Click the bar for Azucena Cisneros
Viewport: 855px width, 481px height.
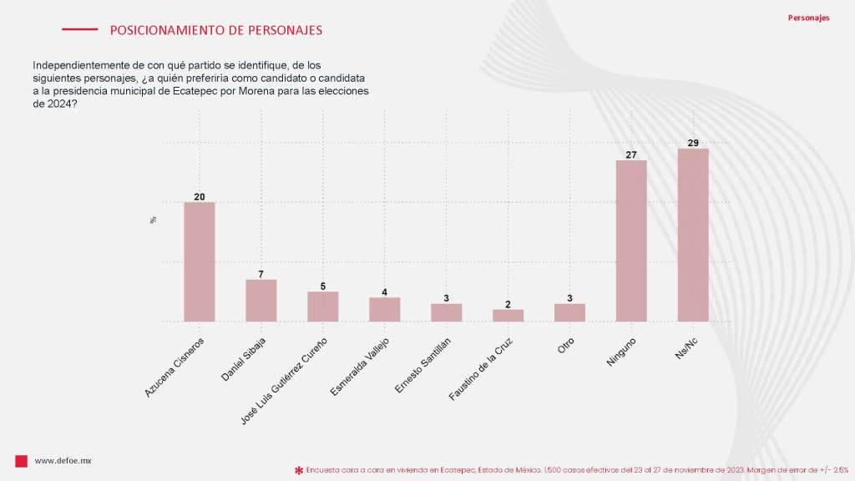click(x=200, y=261)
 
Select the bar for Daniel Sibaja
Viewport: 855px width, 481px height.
click(x=261, y=301)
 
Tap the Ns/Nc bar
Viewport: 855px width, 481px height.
click(x=693, y=235)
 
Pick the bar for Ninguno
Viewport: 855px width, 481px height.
click(x=631, y=240)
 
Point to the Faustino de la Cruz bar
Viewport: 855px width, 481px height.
click(x=508, y=316)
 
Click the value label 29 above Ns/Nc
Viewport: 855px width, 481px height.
click(x=693, y=143)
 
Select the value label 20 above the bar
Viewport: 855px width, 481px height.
click(x=200, y=197)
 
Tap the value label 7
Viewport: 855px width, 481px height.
click(x=261, y=274)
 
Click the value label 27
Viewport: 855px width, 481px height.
click(x=631, y=154)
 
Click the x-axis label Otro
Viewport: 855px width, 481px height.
click(x=567, y=346)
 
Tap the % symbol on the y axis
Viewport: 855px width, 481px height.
click(x=154, y=220)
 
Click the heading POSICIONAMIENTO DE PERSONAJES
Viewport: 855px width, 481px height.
click(x=216, y=30)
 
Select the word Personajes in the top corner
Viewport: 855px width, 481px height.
click(x=808, y=18)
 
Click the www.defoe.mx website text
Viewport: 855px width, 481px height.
click(x=63, y=461)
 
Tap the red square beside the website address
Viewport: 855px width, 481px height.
click(x=22, y=461)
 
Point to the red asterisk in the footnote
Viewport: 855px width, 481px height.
click(x=298, y=471)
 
